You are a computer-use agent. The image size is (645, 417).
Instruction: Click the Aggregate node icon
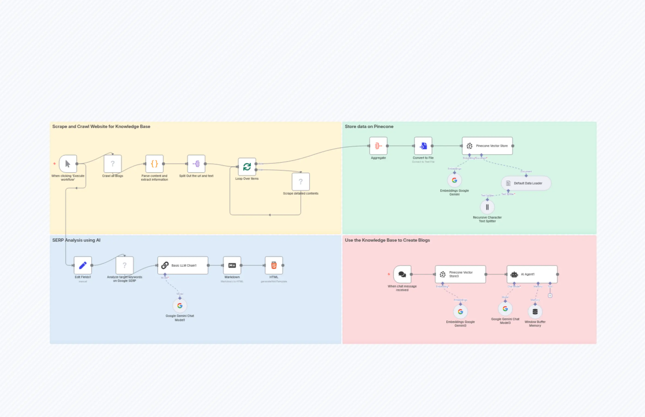tap(378, 146)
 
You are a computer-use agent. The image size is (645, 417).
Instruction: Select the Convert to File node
tap(423, 146)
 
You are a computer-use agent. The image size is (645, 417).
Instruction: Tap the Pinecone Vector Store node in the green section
tap(487, 146)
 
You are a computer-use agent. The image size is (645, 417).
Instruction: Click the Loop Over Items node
tap(247, 167)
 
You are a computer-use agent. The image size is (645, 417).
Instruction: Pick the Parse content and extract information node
tap(154, 164)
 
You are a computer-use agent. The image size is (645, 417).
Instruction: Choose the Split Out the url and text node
tap(196, 164)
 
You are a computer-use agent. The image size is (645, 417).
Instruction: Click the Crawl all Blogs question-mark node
tap(113, 164)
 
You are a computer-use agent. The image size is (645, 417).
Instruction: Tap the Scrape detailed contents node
tap(301, 182)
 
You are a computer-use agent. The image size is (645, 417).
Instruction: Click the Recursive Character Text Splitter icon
tap(487, 207)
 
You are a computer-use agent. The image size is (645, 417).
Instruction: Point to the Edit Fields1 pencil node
tap(83, 265)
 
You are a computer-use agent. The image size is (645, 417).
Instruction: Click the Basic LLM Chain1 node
tap(183, 265)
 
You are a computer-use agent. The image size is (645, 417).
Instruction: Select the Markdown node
tap(232, 265)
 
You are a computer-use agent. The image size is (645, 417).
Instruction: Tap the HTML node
tap(274, 265)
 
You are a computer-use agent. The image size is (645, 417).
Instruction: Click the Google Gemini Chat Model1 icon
tap(180, 306)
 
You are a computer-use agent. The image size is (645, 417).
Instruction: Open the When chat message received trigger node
tap(402, 274)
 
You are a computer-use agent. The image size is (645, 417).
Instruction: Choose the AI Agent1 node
tap(532, 274)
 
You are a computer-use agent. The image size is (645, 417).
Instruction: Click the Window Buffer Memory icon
tap(535, 312)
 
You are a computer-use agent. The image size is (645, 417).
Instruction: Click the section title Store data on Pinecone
tap(369, 126)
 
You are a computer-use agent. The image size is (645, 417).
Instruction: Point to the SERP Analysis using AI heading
tap(76, 240)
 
